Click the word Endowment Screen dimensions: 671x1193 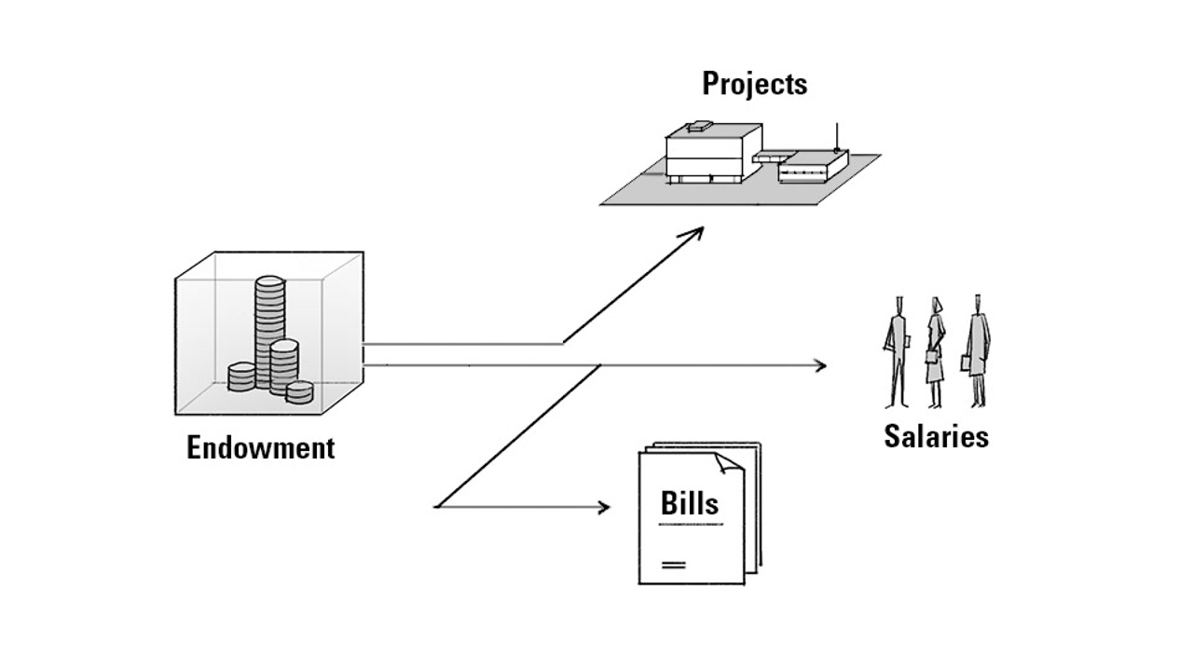click(x=260, y=447)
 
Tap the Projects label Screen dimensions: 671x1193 click(x=754, y=84)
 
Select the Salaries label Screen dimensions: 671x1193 click(x=936, y=436)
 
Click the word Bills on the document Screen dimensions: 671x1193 click(x=690, y=503)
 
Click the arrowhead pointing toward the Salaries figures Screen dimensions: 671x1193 click(x=820, y=365)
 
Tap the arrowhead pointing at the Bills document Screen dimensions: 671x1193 click(x=604, y=508)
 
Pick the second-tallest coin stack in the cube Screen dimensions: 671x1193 click(x=284, y=365)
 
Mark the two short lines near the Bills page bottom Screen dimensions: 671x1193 click(x=673, y=565)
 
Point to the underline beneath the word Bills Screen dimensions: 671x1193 click(x=690, y=525)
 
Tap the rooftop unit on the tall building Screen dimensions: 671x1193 click(x=698, y=125)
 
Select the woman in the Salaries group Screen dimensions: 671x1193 click(x=935, y=354)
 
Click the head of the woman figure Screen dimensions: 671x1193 click(x=935, y=305)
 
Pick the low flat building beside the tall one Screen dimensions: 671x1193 click(x=813, y=167)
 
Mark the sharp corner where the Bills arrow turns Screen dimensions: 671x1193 click(x=436, y=507)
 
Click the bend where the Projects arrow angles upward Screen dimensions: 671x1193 click(x=562, y=344)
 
